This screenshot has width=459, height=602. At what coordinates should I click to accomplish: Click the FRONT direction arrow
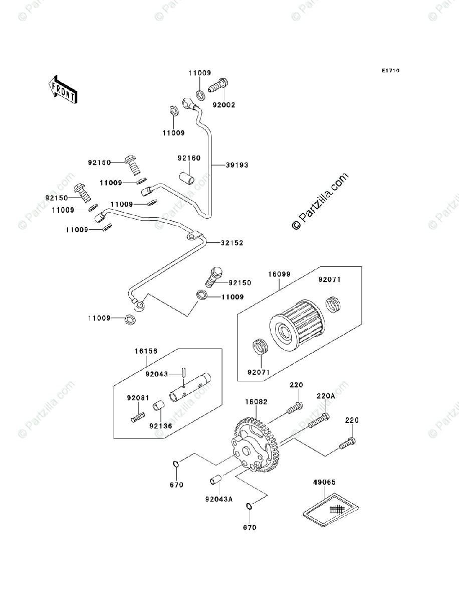pyautogui.click(x=63, y=90)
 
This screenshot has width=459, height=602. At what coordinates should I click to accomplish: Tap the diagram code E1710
pyautogui.click(x=391, y=71)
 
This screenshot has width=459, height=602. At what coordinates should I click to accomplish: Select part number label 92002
pyautogui.click(x=224, y=105)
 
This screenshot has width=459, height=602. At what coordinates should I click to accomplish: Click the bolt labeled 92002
pyautogui.click(x=218, y=85)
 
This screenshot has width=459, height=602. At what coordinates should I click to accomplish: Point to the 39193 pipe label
pyautogui.click(x=237, y=165)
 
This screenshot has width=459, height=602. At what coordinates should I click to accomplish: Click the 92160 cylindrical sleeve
pyautogui.click(x=187, y=178)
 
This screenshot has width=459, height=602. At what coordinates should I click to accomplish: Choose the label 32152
pyautogui.click(x=232, y=243)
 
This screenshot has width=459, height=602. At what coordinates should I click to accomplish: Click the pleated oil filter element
pyautogui.click(x=297, y=323)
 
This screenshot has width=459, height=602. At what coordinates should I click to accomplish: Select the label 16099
pyautogui.click(x=279, y=274)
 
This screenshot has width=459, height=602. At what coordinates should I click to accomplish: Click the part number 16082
pyautogui.click(x=256, y=402)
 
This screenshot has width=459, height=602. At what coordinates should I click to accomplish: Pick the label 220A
pyautogui.click(x=326, y=396)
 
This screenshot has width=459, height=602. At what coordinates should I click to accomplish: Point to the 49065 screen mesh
pyautogui.click(x=331, y=510)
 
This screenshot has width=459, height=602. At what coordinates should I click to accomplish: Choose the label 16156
pyautogui.click(x=146, y=351)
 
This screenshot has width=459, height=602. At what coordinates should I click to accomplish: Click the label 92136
pyautogui.click(x=161, y=426)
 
